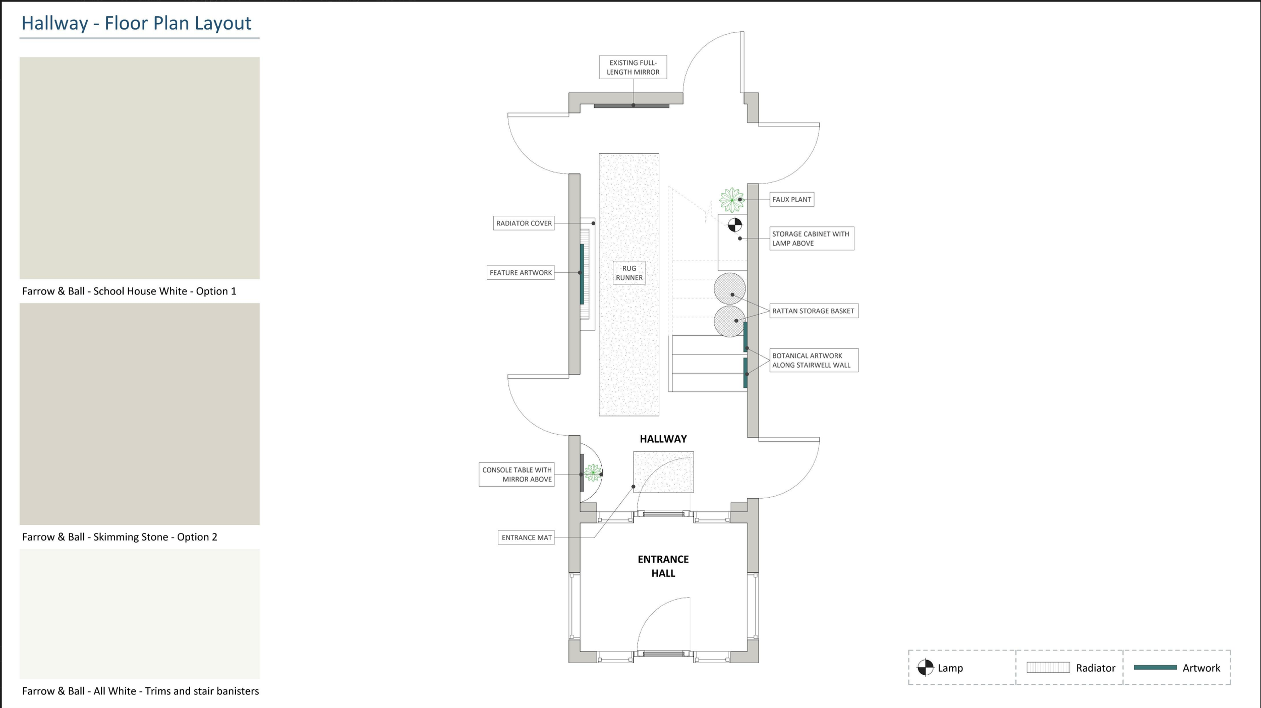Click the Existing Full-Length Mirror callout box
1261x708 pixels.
[633, 67]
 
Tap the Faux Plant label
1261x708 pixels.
[791, 200]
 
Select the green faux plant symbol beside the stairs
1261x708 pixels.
[732, 200]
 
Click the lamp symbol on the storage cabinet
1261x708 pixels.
[735, 224]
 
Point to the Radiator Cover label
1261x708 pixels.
[524, 223]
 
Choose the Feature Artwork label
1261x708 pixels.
[521, 273]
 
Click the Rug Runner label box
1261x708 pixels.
[629, 273]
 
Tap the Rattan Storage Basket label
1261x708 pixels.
[813, 311]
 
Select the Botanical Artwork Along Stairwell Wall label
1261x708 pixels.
[813, 361]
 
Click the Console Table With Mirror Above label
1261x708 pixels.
[517, 475]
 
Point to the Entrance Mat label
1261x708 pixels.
[526, 538]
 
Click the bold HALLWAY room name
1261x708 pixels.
[663, 439]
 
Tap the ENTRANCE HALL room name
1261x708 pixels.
[663, 566]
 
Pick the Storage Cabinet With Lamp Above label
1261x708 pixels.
[811, 239]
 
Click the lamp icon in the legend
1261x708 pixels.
[925, 668]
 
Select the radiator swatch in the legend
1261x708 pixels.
[1048, 668]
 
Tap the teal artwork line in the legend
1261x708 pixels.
[1155, 668]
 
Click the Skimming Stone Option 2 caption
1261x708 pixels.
[120, 537]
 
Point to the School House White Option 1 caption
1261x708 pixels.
[129, 291]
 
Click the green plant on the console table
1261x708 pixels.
[593, 473]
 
